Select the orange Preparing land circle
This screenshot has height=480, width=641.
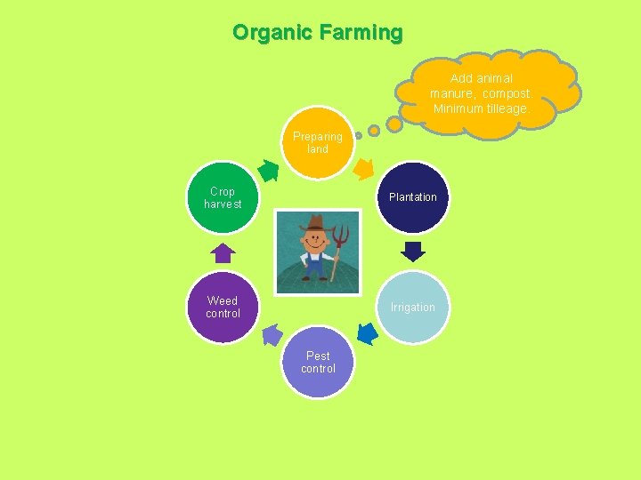318,142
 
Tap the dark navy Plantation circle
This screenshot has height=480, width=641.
413,197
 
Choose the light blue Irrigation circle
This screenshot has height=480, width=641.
413,308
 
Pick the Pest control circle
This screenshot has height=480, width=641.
318,363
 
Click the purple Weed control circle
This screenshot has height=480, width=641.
223,308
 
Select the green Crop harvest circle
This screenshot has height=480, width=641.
223,197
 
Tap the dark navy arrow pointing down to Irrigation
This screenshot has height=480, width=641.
413,252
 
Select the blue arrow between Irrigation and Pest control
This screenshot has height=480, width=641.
367,333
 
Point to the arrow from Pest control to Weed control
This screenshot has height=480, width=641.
273,335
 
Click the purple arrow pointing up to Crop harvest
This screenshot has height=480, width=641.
223,252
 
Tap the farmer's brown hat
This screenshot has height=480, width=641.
316,223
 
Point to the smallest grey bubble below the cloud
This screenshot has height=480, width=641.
358,136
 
